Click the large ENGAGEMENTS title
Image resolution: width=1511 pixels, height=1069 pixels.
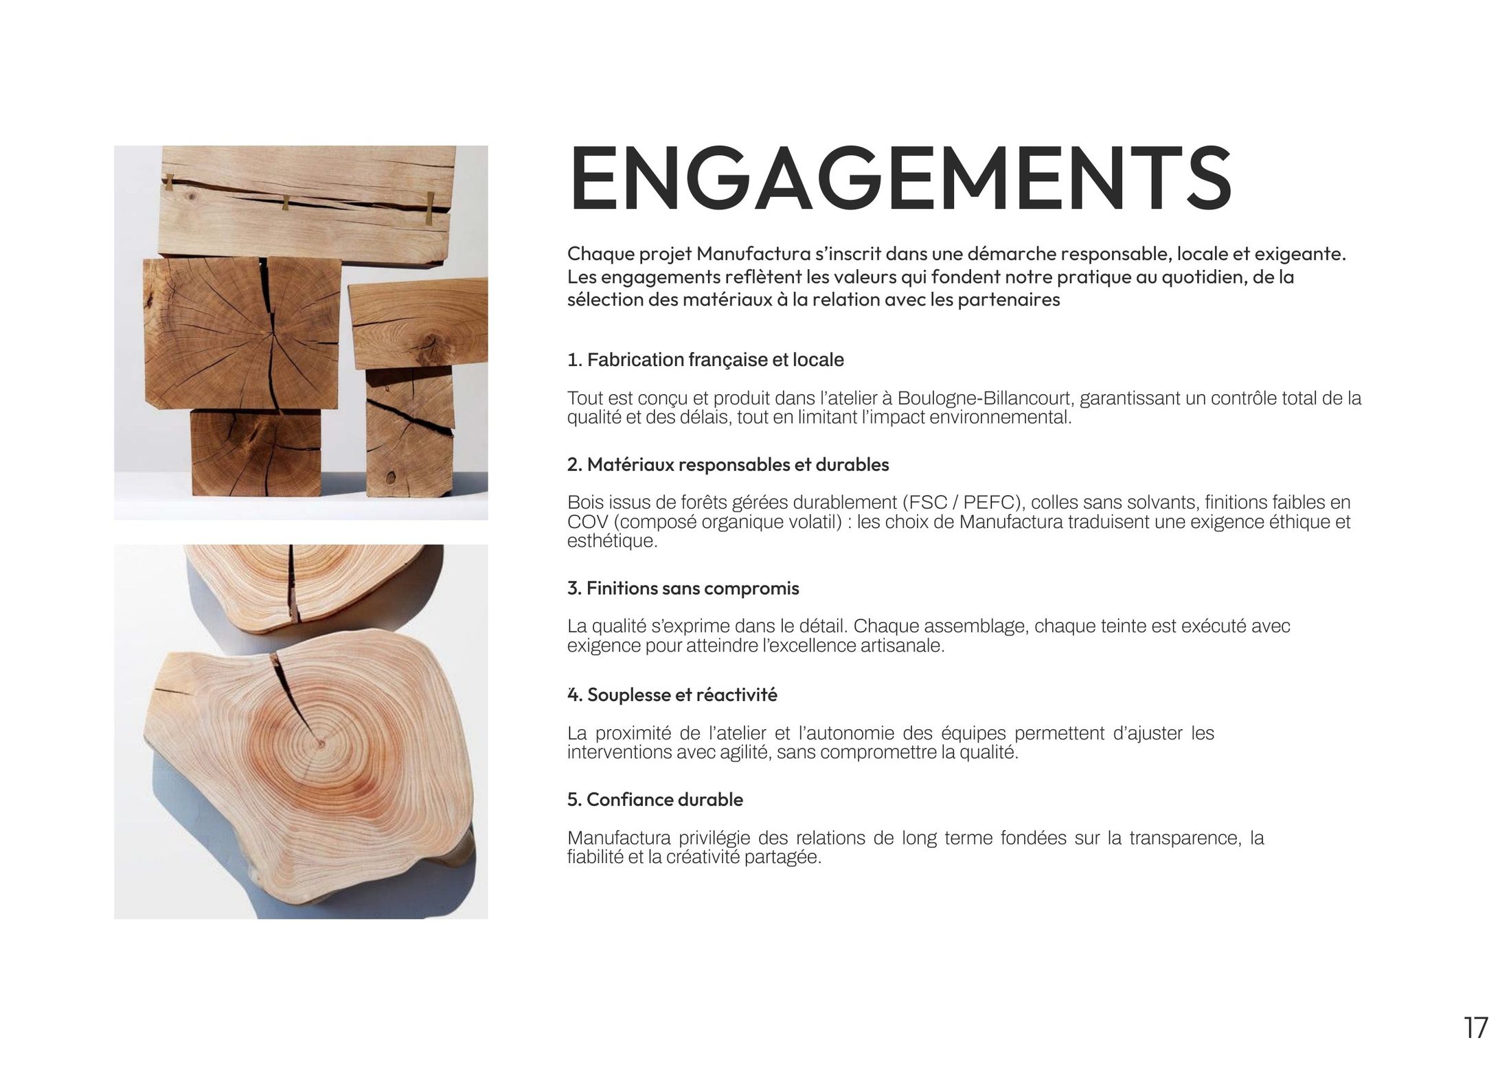[900, 179]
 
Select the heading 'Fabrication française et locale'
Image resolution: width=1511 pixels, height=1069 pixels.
[715, 360]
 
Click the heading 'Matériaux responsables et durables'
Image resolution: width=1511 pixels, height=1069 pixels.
[738, 465]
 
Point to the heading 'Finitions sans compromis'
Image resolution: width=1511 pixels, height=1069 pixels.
[693, 588]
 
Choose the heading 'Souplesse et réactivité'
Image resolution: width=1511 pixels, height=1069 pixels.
[682, 695]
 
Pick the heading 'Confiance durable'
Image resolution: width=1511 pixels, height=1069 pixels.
[665, 799]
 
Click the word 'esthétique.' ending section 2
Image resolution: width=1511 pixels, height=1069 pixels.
[612, 541]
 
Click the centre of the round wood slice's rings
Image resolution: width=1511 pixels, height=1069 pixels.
[320, 742]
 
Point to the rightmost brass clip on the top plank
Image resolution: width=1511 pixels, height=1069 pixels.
[430, 208]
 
